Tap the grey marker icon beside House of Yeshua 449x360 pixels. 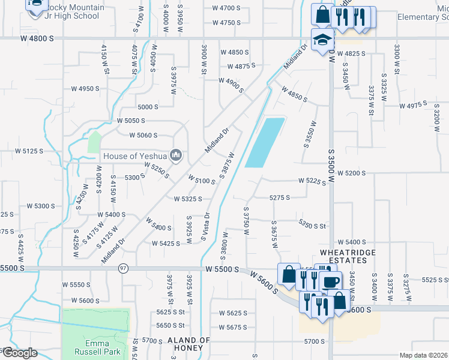click(x=176, y=156)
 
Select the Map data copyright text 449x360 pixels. click(x=423, y=355)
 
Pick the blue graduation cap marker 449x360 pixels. click(x=322, y=40)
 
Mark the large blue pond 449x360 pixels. click(x=265, y=143)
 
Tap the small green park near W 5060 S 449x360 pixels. click(x=94, y=142)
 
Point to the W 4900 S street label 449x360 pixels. click(x=231, y=85)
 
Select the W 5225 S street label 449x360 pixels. click(x=312, y=181)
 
